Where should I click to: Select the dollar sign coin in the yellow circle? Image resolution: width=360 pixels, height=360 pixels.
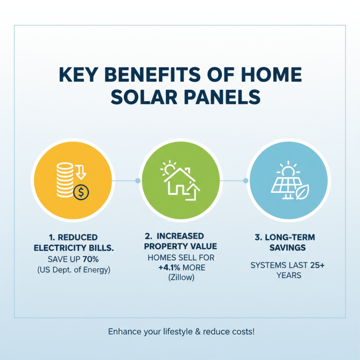(x=81, y=193)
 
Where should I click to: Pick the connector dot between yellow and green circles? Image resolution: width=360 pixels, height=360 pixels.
(x=138, y=180)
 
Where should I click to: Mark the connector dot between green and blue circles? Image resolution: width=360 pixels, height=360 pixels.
(x=245, y=180)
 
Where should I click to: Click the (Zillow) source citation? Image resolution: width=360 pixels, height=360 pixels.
(x=181, y=278)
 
